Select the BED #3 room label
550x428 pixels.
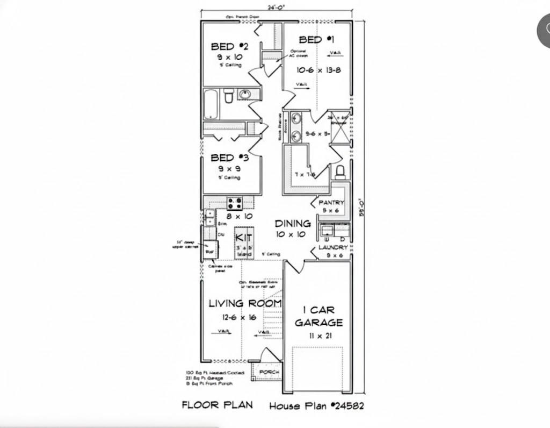click(229, 158)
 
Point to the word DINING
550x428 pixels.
click(293, 223)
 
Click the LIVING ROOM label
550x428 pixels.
click(245, 304)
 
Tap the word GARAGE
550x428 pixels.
click(319, 323)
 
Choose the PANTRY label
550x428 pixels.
click(331, 203)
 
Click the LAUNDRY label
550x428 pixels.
click(333, 247)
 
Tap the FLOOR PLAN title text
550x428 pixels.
click(217, 404)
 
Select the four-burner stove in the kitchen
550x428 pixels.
click(234, 203)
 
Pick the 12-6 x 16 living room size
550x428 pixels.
click(240, 317)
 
